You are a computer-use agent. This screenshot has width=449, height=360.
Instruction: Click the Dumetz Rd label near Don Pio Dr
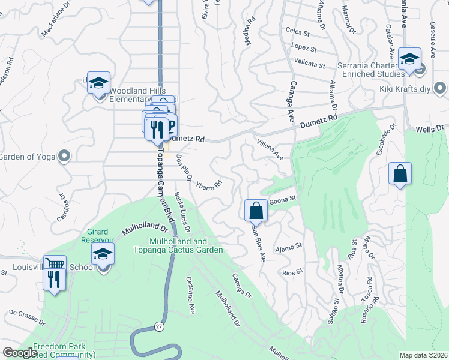tap(188, 139)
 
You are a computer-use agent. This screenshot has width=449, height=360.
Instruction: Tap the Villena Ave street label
tap(270, 149)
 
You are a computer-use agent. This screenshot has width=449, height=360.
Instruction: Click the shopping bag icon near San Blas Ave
tap(256, 211)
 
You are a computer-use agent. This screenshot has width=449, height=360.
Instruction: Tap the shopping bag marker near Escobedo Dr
tap(400, 174)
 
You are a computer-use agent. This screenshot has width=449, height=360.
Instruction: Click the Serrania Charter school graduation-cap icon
tap(409, 59)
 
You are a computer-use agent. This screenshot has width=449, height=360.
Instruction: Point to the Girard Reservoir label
tap(98, 235)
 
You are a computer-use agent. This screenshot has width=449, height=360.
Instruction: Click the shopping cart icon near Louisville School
tap(55, 264)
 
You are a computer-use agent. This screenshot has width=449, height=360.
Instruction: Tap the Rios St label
tap(293, 272)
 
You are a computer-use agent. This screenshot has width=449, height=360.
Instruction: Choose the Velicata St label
tap(310, 63)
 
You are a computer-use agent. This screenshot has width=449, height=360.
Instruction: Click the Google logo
tap(20, 353)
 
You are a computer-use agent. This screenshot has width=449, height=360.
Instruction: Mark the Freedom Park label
tap(59, 347)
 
